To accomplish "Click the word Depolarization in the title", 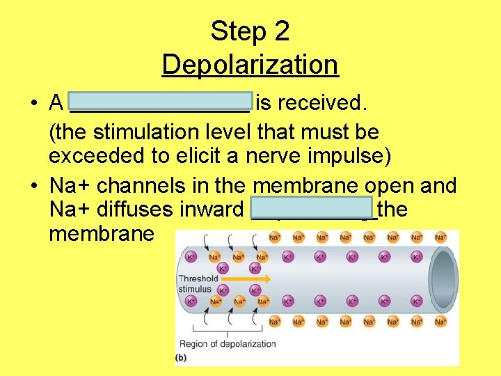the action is tap(250, 65).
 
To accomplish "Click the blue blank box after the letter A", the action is tap(161, 102).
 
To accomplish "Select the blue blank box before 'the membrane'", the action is tap(311, 207).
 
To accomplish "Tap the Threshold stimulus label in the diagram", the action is tap(199, 283).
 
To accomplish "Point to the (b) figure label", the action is tap(182, 358).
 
